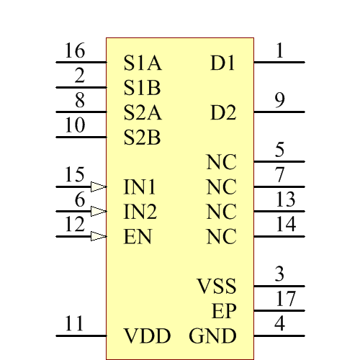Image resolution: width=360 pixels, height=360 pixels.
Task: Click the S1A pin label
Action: click(x=142, y=63)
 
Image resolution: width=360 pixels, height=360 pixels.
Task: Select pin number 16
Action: click(x=74, y=52)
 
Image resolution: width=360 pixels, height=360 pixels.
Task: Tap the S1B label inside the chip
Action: click(x=142, y=88)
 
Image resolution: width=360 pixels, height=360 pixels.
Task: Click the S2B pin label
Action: click(x=142, y=138)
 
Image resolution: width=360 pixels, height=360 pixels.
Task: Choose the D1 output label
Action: click(x=223, y=63)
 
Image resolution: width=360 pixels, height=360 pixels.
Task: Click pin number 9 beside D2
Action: click(x=279, y=101)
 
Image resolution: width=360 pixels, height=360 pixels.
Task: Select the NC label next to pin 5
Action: click(x=221, y=162)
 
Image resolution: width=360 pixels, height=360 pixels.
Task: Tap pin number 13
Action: click(x=285, y=199)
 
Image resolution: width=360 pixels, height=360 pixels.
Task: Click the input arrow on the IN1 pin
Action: click(x=99, y=186)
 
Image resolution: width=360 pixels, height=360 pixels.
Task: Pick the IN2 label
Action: click(x=140, y=212)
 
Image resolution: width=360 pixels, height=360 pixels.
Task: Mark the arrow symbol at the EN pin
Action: click(x=99, y=236)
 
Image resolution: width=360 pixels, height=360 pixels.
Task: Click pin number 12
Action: click(x=74, y=225)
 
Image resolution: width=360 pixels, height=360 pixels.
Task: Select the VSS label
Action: click(x=217, y=287)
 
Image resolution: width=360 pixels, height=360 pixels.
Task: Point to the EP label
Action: click(x=224, y=312)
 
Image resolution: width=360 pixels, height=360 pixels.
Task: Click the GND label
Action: click(x=212, y=336)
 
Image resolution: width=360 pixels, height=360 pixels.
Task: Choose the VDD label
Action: click(x=147, y=336)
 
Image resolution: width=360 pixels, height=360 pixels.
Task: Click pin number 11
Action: click(x=74, y=324)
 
